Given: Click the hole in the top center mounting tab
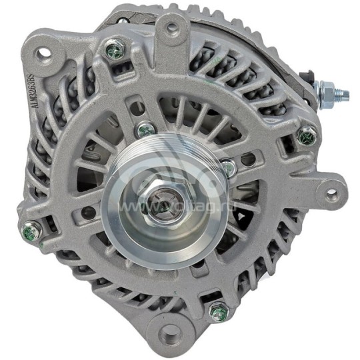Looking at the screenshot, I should pyautogui.click(x=171, y=28).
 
